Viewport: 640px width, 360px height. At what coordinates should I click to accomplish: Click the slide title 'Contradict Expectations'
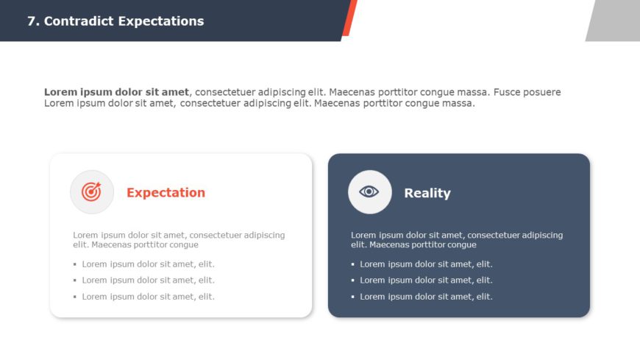tap(124, 21)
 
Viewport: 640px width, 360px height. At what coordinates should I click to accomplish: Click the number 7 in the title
tap(32, 21)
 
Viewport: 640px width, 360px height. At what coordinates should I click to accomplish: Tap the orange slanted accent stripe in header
tap(349, 18)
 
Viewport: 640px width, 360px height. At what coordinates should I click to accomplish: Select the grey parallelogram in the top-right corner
tap(615, 20)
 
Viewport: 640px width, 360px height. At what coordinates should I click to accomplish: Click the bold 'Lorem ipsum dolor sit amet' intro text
tap(116, 92)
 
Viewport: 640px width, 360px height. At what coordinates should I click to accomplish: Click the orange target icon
tap(92, 192)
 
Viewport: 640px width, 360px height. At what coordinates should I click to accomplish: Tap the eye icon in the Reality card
tap(369, 192)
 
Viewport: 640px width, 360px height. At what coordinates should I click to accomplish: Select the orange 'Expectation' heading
tap(166, 193)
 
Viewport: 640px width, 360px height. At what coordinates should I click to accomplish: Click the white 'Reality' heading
tap(427, 193)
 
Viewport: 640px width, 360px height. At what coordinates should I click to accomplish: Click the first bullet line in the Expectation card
tap(148, 264)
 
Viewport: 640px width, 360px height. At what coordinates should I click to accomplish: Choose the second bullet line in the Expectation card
tap(148, 280)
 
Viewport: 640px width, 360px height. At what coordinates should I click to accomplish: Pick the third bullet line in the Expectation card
tap(148, 297)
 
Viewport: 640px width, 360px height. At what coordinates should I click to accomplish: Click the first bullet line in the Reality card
tap(426, 264)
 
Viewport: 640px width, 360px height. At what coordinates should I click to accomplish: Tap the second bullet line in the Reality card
tap(426, 280)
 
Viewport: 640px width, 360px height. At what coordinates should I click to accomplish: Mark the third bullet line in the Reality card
tap(426, 297)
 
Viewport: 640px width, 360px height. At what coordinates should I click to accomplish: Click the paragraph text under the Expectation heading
tap(179, 240)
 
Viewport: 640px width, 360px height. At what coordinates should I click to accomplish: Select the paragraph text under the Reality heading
tap(457, 240)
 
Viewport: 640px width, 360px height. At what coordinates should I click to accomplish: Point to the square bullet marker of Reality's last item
tap(353, 297)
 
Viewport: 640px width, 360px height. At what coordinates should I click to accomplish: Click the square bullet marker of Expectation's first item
tap(75, 264)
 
